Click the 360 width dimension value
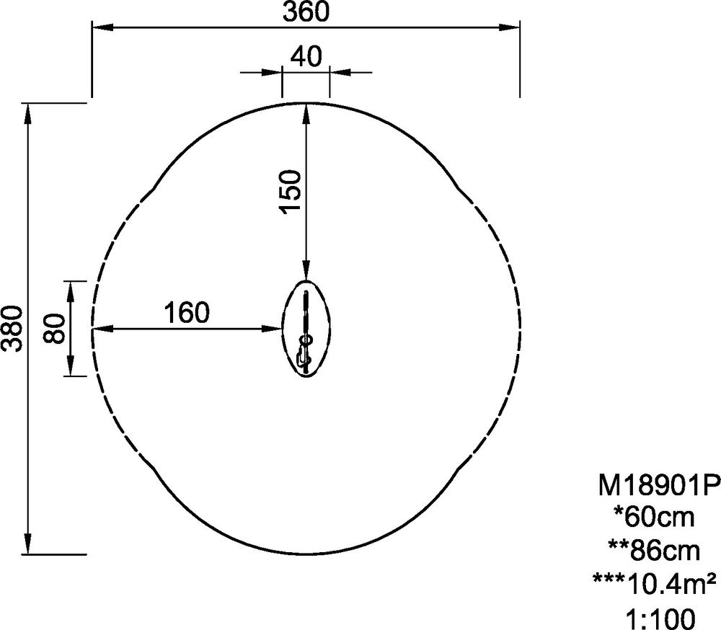[306, 12]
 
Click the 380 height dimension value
[12, 329]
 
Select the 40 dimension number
[306, 57]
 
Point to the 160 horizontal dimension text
[187, 313]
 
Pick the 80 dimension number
[54, 329]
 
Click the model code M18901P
[658, 485]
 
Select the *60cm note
[655, 517]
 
